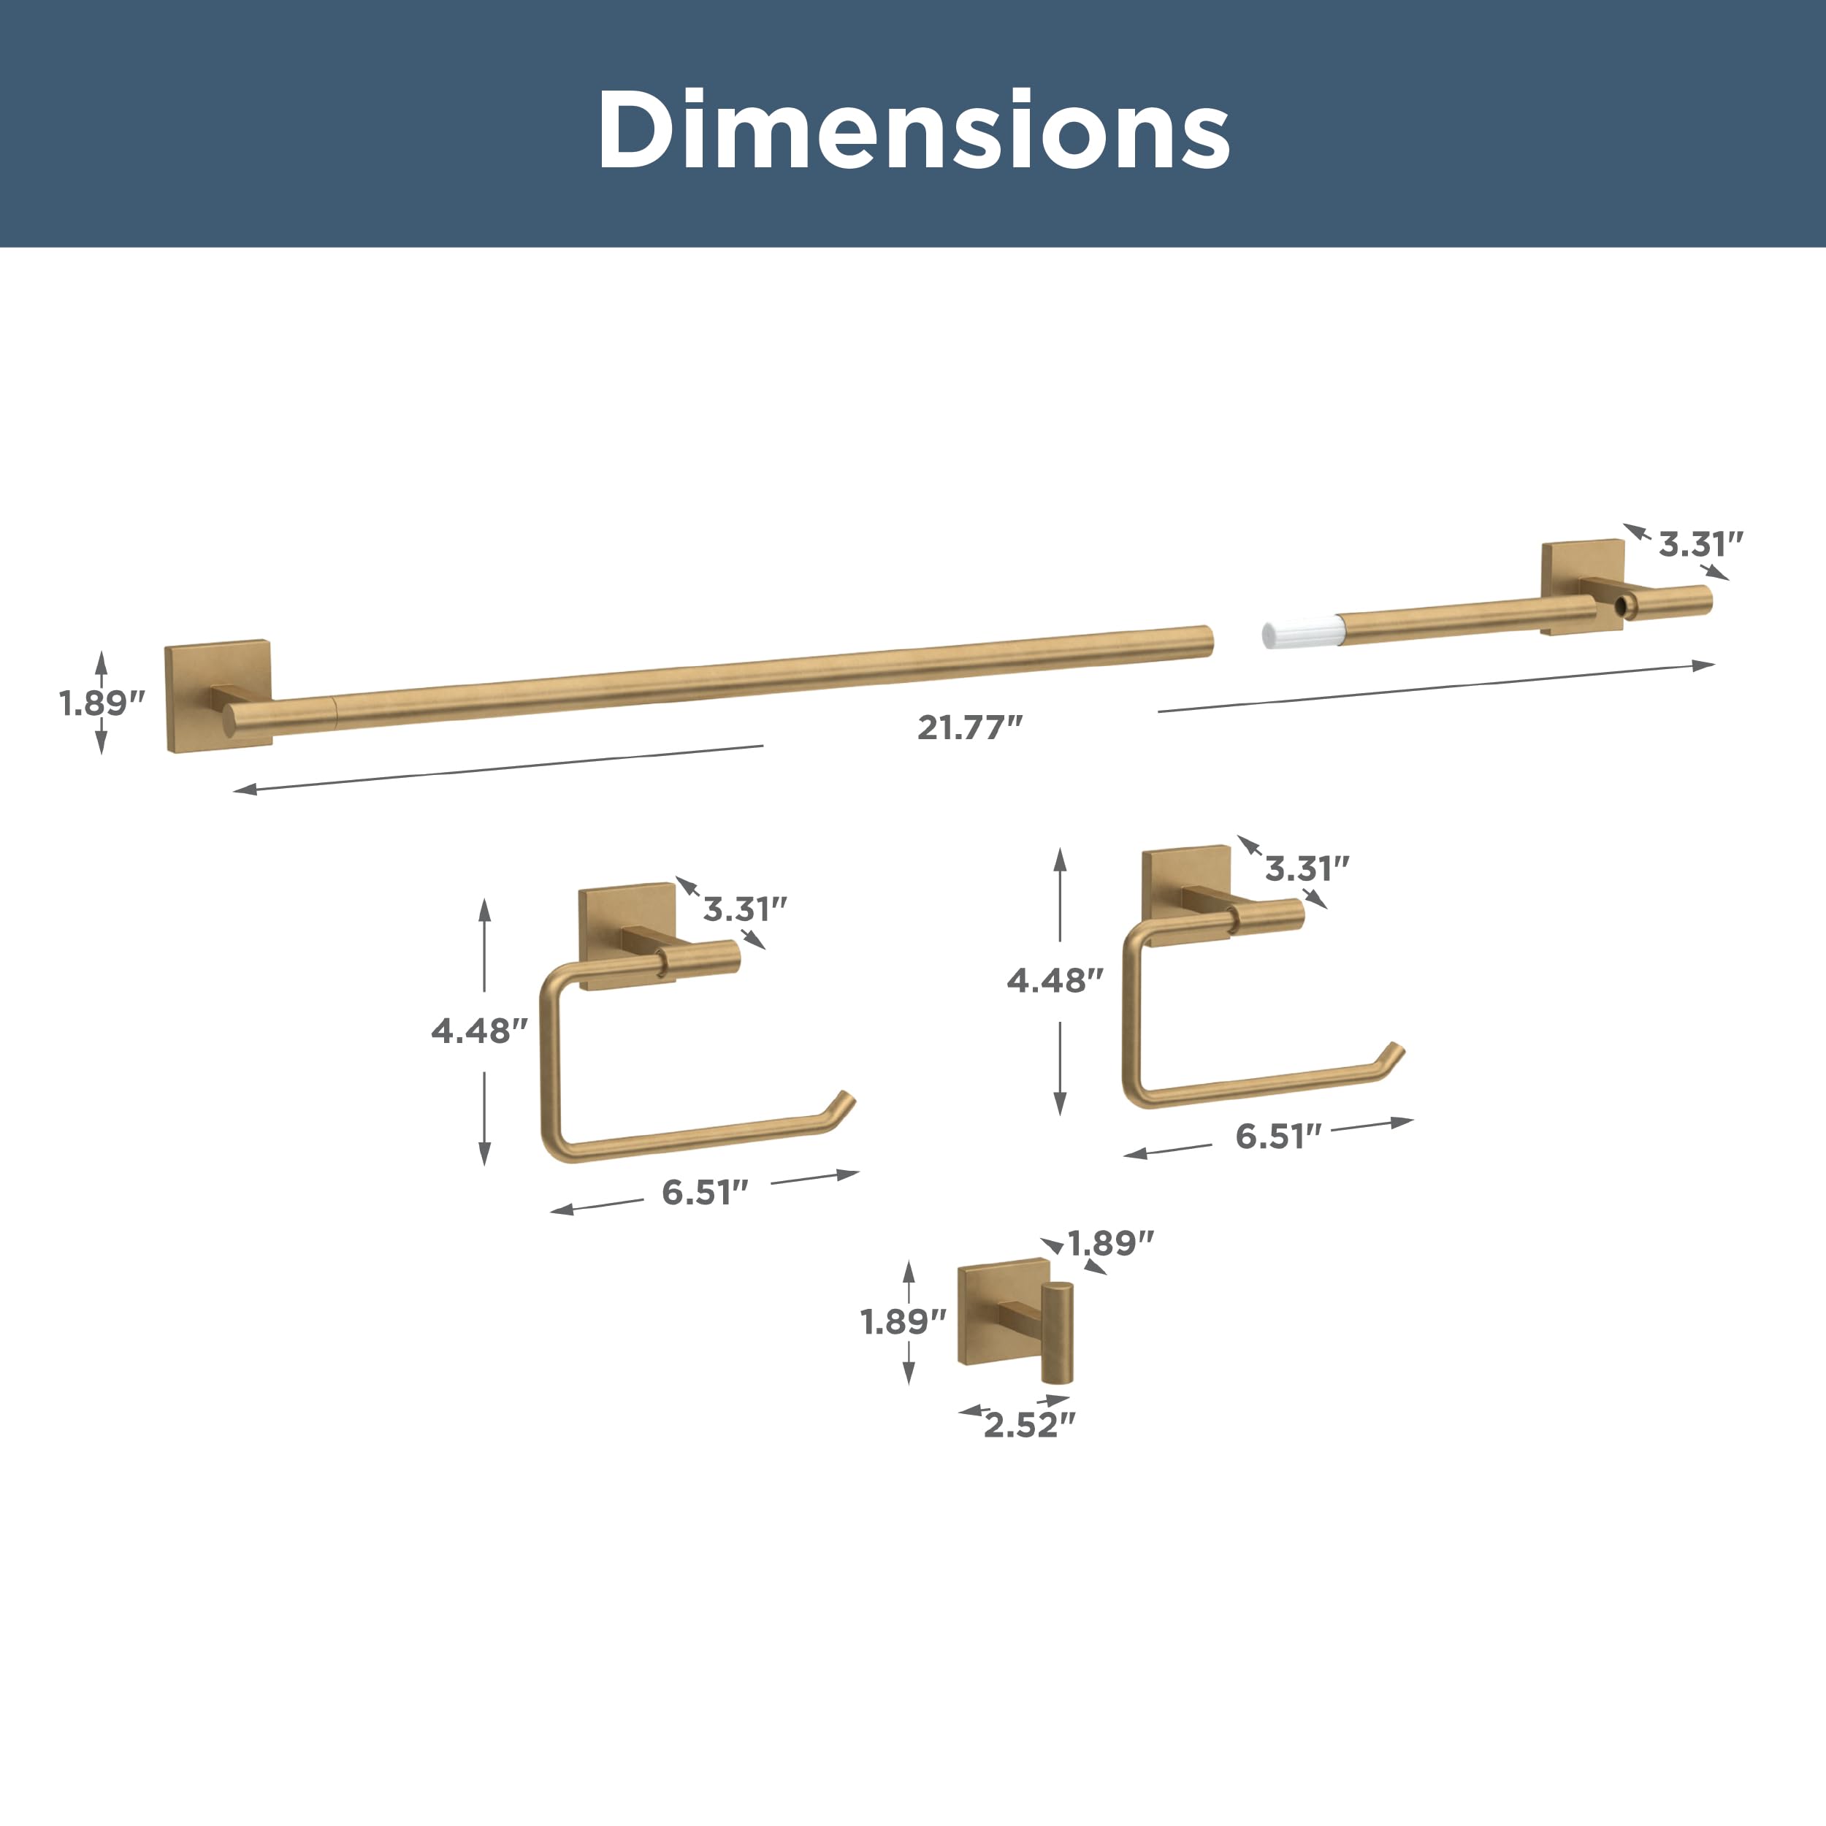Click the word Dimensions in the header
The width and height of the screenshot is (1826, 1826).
[x=913, y=129]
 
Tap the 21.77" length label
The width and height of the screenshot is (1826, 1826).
[x=970, y=727]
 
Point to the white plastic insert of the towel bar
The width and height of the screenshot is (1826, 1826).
[x=1301, y=633]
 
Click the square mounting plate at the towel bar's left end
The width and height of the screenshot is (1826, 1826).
[x=219, y=698]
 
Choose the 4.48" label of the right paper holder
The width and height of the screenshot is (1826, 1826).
[x=1055, y=980]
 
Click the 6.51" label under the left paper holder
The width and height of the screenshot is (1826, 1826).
[x=705, y=1192]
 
